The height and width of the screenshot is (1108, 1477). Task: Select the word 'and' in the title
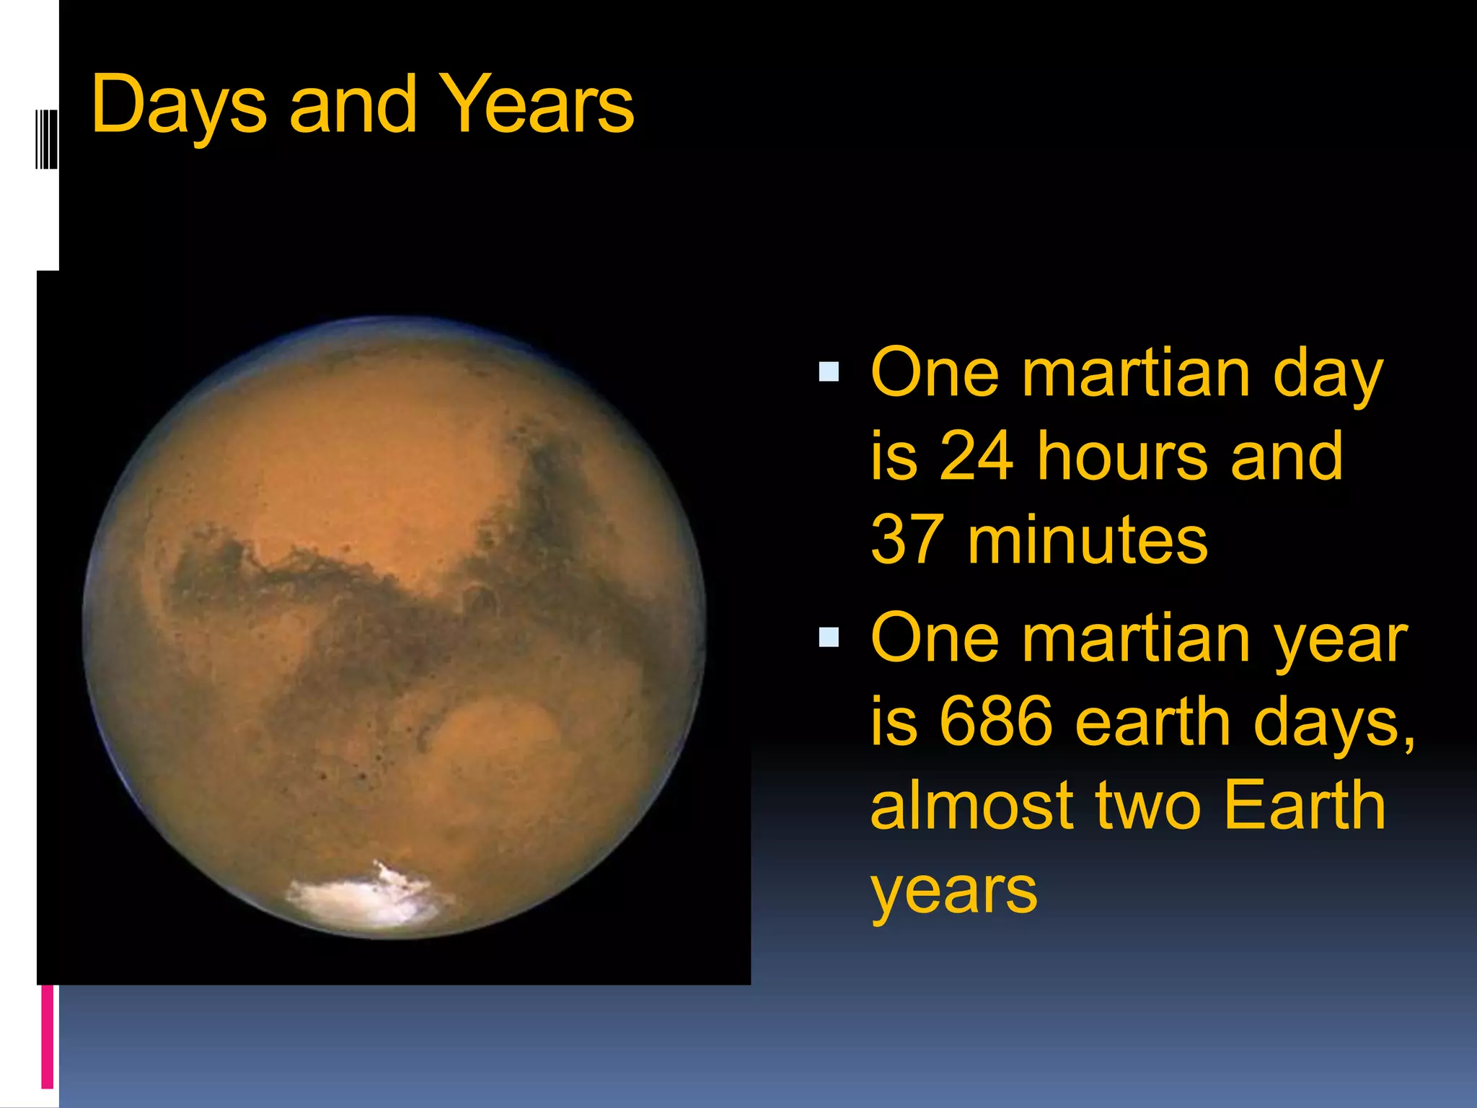coord(353,105)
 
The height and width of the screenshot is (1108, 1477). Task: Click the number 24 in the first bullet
coord(976,456)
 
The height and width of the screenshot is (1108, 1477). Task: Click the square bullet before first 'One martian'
coord(829,372)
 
